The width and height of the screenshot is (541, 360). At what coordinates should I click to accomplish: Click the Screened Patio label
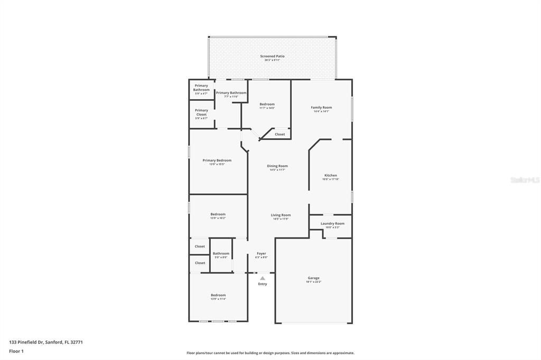[272, 56]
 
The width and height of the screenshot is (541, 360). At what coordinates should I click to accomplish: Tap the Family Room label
[321, 108]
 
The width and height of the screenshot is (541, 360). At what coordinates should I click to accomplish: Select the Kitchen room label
[331, 176]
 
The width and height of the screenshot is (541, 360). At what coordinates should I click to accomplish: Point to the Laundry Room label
[332, 224]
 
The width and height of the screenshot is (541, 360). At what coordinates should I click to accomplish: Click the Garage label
[314, 278]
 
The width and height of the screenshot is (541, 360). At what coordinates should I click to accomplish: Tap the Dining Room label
[277, 166]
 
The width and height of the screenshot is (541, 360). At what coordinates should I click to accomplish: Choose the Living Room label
[281, 215]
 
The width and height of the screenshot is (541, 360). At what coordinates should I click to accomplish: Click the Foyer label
[262, 254]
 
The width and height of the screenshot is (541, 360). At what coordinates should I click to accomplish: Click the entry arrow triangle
[263, 278]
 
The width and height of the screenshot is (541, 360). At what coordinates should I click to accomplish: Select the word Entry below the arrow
[263, 284]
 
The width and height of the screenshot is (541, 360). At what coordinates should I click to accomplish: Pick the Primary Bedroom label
[217, 160]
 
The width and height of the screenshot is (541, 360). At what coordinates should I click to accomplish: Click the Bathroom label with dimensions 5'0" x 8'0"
[221, 254]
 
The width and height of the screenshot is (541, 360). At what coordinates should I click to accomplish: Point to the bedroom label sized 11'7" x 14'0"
[267, 105]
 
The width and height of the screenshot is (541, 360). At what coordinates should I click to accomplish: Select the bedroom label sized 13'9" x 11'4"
[218, 295]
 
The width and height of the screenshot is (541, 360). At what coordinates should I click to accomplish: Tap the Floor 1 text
[16, 351]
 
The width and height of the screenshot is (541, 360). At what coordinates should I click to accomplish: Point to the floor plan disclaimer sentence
[270, 353]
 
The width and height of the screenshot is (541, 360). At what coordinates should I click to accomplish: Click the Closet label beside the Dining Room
[279, 134]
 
